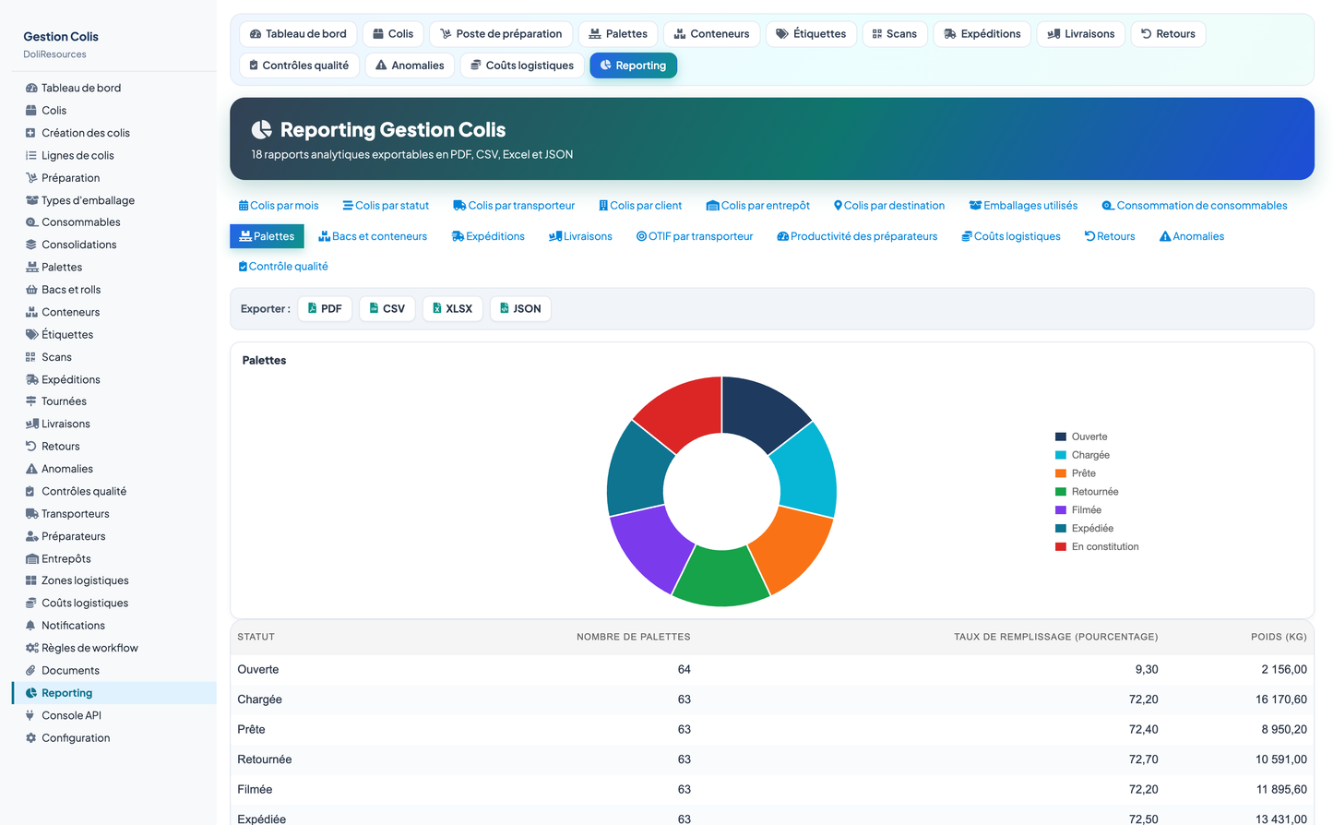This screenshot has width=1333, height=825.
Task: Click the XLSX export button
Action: click(x=452, y=308)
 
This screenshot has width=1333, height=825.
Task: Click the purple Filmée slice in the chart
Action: click(x=646, y=547)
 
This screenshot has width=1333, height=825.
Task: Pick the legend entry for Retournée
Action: click(x=1087, y=492)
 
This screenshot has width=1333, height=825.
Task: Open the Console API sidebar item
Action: click(x=71, y=715)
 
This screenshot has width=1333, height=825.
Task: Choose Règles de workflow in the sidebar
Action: click(x=89, y=648)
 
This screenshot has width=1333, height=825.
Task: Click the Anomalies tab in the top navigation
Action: click(x=410, y=66)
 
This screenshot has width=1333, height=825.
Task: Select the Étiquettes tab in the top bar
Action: click(x=811, y=34)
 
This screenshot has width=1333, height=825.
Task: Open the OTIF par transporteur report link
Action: click(x=695, y=236)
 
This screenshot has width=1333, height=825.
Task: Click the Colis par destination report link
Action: click(x=889, y=206)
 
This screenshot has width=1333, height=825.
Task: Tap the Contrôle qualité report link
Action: click(x=282, y=266)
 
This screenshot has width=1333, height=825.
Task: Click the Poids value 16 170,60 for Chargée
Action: click(x=1280, y=699)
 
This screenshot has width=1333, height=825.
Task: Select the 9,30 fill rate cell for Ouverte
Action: click(x=1146, y=669)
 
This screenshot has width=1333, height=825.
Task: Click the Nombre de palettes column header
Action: click(x=633, y=637)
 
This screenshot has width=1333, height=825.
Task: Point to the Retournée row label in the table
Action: click(x=264, y=759)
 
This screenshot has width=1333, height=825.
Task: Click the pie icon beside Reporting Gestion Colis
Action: click(x=261, y=129)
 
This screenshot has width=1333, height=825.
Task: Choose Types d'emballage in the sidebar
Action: click(x=88, y=200)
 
